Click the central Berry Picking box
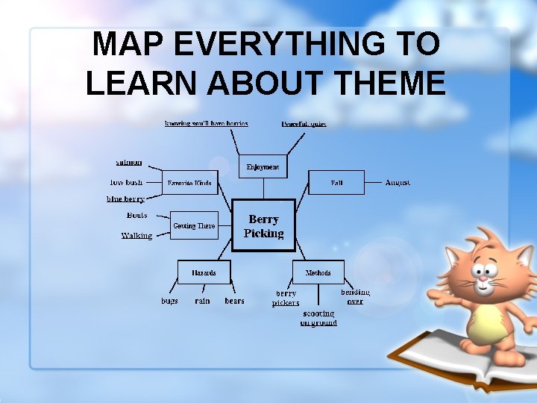coord(263,225)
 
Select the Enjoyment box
coord(263,167)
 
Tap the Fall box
coord(336,182)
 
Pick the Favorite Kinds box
coord(189,182)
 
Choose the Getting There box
coord(194,225)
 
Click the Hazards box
coord(203,272)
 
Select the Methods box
coord(318,272)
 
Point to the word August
coord(398,182)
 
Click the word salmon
coord(129,162)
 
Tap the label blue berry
coord(125,199)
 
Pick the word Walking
coord(136,236)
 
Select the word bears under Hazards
coord(234,301)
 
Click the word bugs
coord(169,301)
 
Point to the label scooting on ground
coord(318,319)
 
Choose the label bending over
coord(355,296)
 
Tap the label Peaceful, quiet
coord(304,123)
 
